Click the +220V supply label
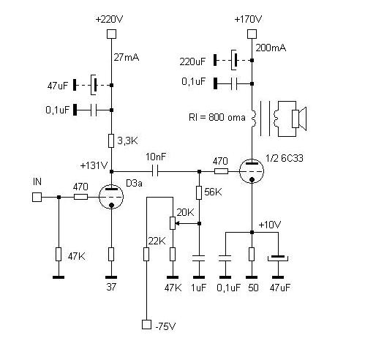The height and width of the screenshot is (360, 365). [x=111, y=18]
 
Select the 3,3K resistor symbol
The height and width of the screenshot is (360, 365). [x=111, y=140]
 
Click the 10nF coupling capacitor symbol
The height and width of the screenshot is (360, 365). [x=155, y=172]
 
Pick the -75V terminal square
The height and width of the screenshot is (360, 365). [x=146, y=324]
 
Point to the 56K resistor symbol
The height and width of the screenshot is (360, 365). [x=199, y=192]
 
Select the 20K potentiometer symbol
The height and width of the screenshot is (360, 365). [x=173, y=222]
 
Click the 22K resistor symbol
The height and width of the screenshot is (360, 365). [x=146, y=253]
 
